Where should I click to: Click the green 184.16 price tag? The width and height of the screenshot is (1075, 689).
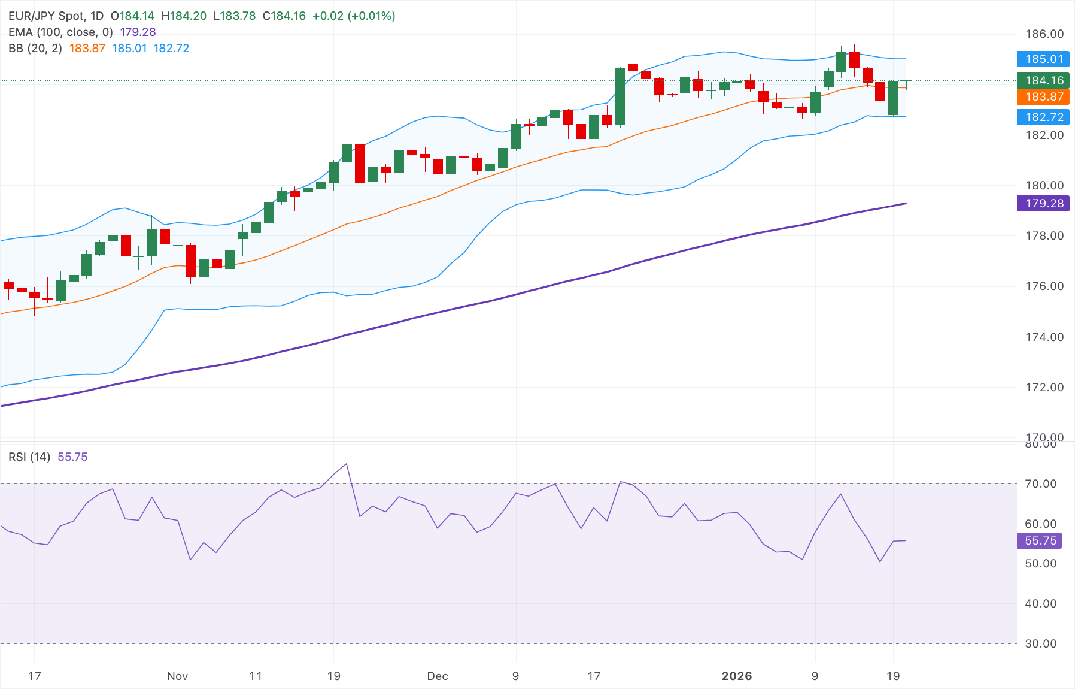[x=1043, y=80]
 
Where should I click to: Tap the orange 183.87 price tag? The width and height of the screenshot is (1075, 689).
[x=1043, y=96]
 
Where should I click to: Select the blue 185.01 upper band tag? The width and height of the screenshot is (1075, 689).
[x=1043, y=59]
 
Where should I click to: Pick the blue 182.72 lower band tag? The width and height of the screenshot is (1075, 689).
[x=1043, y=117]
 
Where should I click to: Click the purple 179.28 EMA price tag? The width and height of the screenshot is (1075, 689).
[x=1043, y=203]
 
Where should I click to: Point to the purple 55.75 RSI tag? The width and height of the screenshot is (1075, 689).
[x=1040, y=540]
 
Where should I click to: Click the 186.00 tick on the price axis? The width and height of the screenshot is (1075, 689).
[x=1044, y=34]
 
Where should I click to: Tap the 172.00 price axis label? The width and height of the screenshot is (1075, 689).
[x=1044, y=387]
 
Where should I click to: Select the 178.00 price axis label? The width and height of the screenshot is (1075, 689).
[x=1044, y=235]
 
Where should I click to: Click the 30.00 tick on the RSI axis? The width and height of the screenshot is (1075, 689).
[x=1041, y=643]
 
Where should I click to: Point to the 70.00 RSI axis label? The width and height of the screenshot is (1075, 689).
[x=1041, y=483]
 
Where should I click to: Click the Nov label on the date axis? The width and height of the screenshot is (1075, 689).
[x=177, y=676]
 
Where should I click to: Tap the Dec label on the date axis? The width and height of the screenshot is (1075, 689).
[x=438, y=676]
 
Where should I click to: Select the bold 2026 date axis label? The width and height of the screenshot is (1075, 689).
[x=737, y=676]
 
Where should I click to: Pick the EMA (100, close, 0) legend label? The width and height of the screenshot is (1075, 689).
[x=60, y=32]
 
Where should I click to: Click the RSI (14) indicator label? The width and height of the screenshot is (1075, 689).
[x=29, y=457]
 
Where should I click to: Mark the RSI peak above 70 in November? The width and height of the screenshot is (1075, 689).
[x=346, y=464]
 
